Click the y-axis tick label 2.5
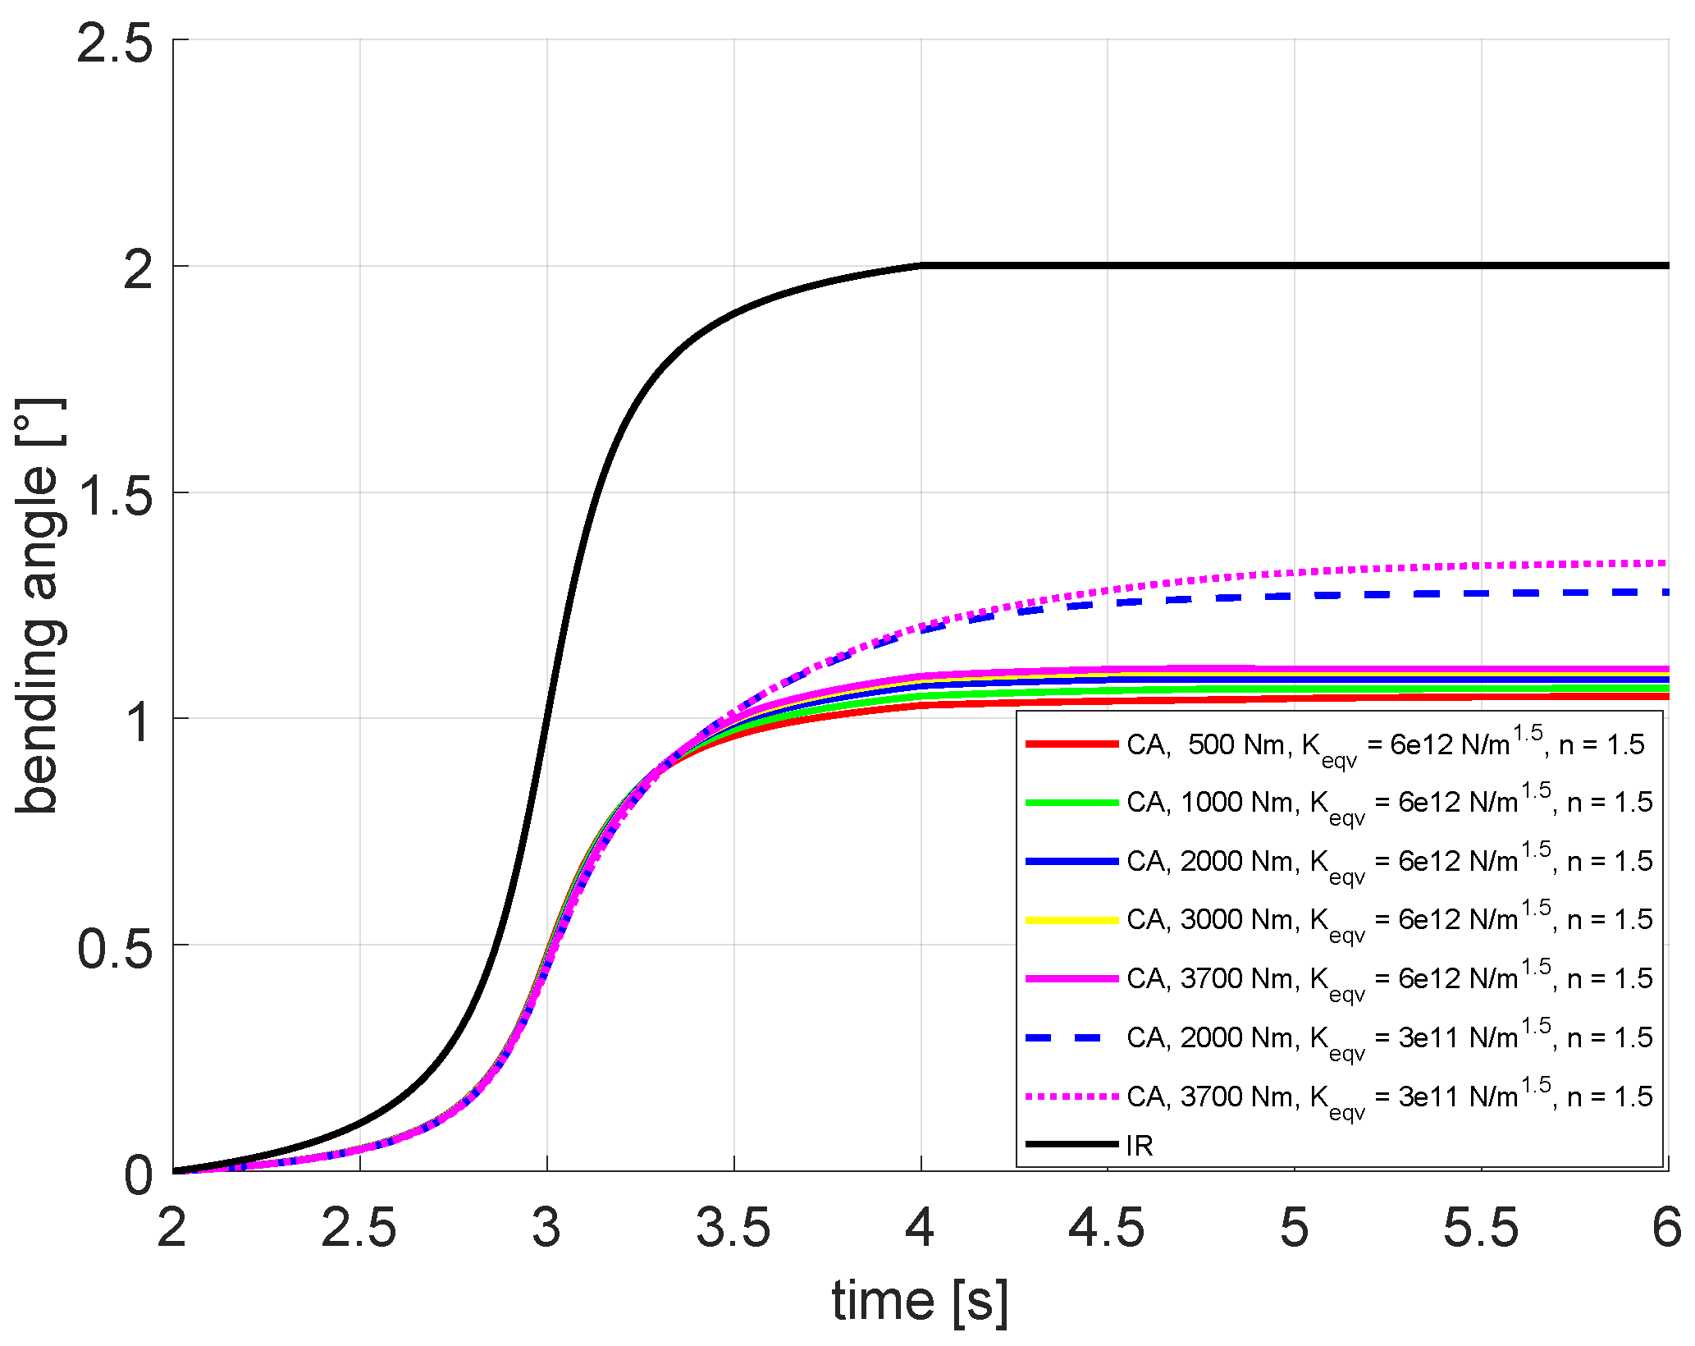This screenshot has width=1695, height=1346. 115,43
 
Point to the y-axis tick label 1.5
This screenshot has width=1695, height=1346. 115,495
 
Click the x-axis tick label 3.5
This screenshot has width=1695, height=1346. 733,1229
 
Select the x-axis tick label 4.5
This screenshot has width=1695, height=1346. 1107,1229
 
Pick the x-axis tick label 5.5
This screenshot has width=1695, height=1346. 1481,1229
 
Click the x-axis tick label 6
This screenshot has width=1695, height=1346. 1665,1229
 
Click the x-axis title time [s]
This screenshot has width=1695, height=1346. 919,1301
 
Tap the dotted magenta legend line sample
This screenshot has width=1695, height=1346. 1071,1096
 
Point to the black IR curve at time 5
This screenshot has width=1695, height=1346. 1295,266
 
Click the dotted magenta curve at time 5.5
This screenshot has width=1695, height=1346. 1482,565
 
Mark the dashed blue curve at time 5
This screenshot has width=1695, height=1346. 1295,596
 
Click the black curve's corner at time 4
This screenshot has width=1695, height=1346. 921,266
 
